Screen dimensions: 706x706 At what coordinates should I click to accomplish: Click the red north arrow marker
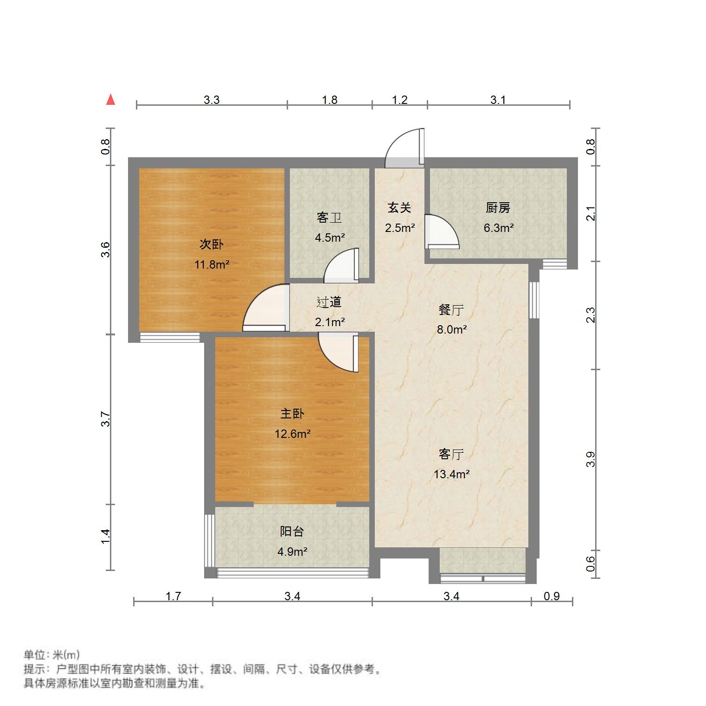[x=110, y=100]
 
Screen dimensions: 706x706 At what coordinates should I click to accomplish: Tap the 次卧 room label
[x=212, y=244]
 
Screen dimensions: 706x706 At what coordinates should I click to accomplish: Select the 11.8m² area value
[x=212, y=265]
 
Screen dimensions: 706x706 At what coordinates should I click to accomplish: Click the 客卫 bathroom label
[x=329, y=218]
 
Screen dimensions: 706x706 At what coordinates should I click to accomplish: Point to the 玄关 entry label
[x=399, y=208]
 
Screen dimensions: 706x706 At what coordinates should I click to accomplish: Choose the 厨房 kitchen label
[x=498, y=208]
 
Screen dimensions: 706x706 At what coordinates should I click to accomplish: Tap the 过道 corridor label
[x=329, y=302]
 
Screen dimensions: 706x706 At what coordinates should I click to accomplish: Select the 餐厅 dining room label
[x=451, y=310]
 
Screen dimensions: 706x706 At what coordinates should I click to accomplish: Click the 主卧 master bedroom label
[x=292, y=414]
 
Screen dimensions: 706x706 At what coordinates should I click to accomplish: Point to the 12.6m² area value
[x=292, y=434]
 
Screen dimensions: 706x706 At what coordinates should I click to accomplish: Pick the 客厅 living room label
[x=451, y=454]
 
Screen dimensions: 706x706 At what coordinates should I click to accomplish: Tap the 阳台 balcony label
[x=292, y=532]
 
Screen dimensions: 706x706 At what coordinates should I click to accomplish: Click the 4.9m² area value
[x=292, y=552]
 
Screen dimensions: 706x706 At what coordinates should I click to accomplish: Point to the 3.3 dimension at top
[x=212, y=100]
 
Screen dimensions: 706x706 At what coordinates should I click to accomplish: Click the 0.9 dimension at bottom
[x=552, y=596]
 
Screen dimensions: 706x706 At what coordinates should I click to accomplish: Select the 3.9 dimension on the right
[x=590, y=459]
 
